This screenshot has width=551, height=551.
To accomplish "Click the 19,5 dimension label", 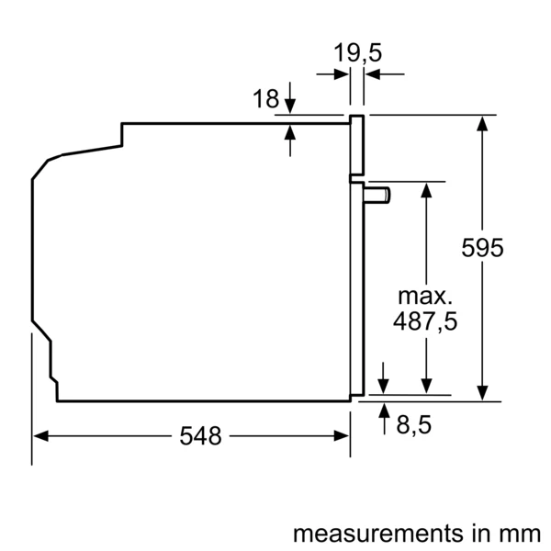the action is [x=357, y=53].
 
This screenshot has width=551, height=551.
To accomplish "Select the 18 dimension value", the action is [x=265, y=99].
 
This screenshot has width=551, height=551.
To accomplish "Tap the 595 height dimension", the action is [x=482, y=248].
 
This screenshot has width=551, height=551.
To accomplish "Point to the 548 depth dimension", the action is [x=200, y=436].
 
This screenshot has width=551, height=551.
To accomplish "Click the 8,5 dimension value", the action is [x=413, y=425].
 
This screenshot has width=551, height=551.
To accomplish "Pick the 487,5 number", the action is [x=425, y=321].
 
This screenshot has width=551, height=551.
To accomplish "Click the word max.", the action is [x=425, y=297].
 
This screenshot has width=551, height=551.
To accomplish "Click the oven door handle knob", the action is [x=377, y=196].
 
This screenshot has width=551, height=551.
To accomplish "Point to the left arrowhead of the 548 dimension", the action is [x=40, y=436].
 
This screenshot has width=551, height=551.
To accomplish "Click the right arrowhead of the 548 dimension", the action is [x=342, y=436].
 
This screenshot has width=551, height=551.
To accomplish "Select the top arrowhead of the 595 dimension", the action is [x=482, y=124].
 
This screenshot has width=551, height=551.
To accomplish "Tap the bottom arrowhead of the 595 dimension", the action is [x=482, y=392].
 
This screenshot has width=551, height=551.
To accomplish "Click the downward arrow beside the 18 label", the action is [x=290, y=97].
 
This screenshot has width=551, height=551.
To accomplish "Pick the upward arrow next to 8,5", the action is [x=385, y=420].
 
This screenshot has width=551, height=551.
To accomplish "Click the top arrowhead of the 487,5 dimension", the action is [x=426, y=190].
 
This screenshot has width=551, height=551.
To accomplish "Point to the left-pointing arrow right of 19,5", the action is [x=385, y=74].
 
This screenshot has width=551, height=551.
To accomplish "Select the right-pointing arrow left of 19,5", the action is [x=332, y=74].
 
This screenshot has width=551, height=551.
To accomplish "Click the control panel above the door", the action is [x=357, y=144].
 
